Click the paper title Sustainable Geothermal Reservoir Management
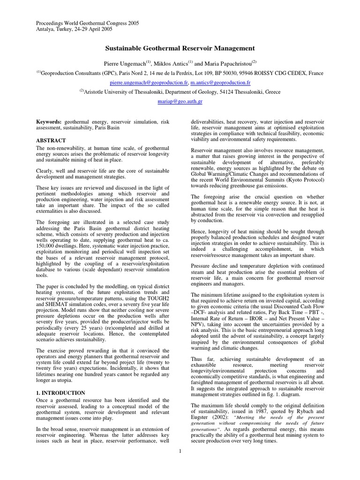click(180, 48)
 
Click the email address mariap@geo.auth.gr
click(180, 101)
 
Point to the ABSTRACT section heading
click(51, 140)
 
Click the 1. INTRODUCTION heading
click(60, 393)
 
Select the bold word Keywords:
click(49, 121)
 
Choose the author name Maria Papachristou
click(228, 62)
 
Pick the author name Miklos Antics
click(175, 62)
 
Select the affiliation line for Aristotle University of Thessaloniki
click(180, 92)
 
